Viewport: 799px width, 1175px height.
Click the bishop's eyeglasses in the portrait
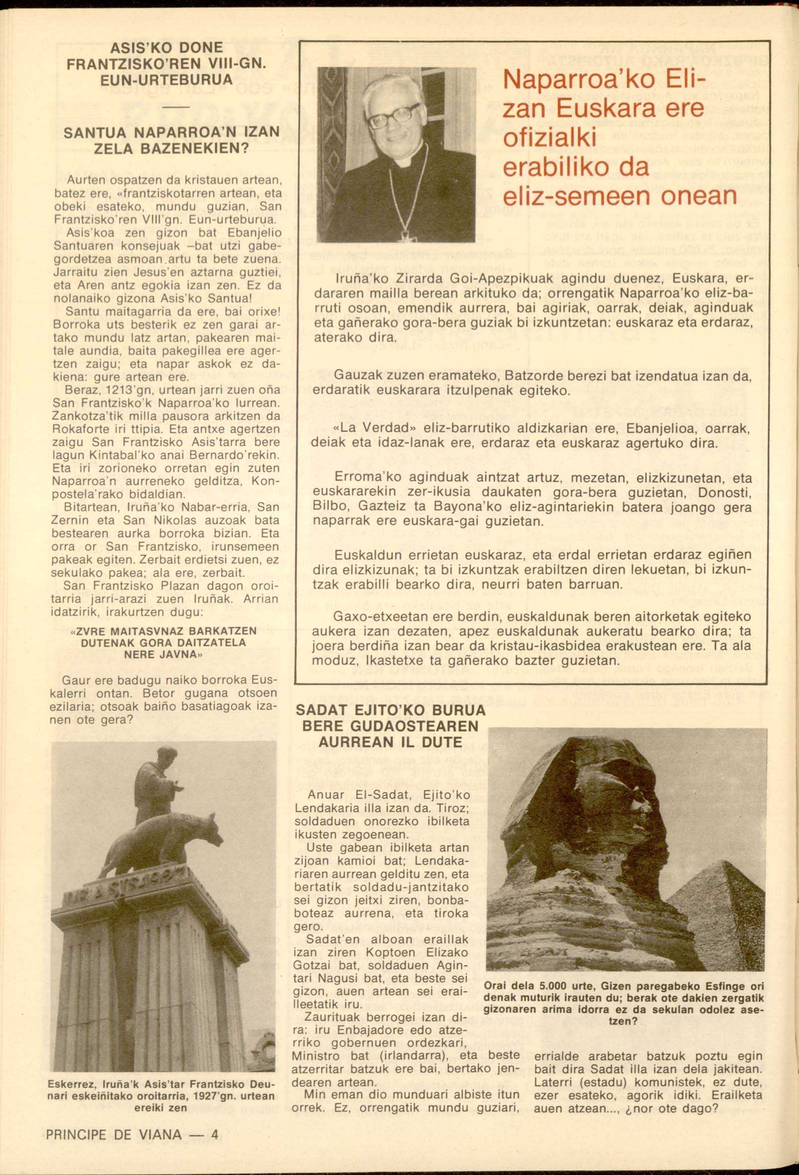tap(393, 117)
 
